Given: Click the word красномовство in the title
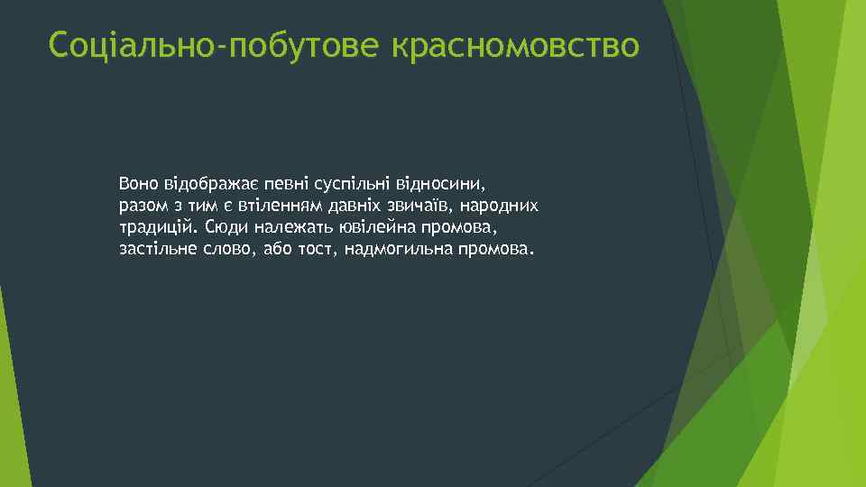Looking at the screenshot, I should click(515, 44).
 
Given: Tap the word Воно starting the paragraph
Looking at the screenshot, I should click(136, 184).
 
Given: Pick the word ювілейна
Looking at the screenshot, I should click(380, 226).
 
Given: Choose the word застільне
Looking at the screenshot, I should click(158, 248).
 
